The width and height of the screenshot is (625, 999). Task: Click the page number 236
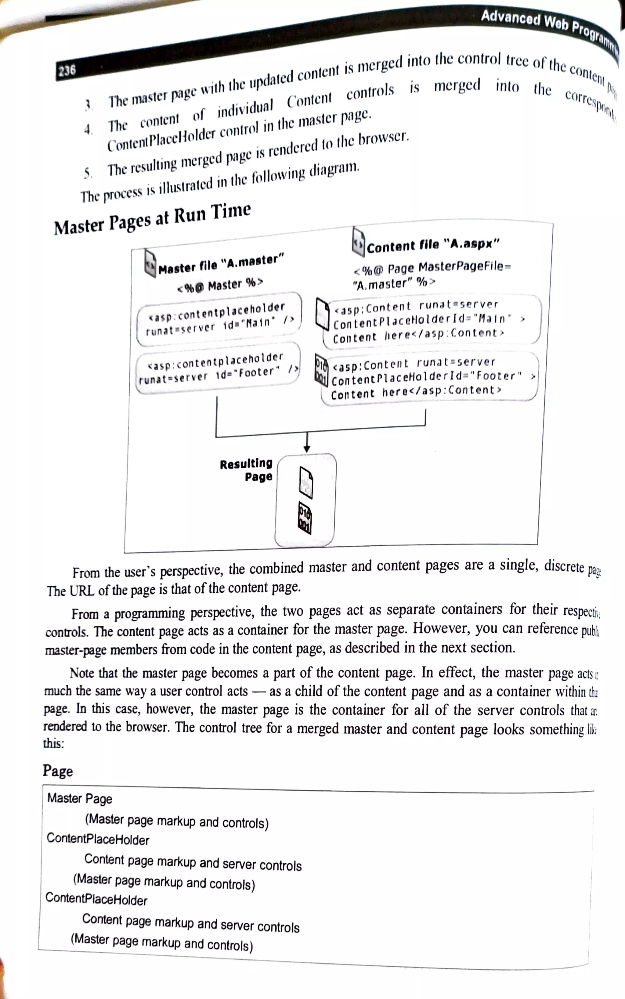click(x=67, y=71)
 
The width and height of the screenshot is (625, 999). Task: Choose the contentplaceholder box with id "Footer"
click(x=217, y=368)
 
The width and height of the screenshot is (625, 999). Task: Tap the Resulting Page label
click(x=246, y=470)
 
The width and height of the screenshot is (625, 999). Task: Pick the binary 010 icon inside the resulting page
click(x=305, y=518)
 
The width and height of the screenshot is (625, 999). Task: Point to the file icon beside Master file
click(x=150, y=262)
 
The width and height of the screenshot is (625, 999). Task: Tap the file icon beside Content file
click(x=358, y=241)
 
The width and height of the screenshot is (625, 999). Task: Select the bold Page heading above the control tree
click(x=58, y=771)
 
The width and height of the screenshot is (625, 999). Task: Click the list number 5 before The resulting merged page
click(x=87, y=173)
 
